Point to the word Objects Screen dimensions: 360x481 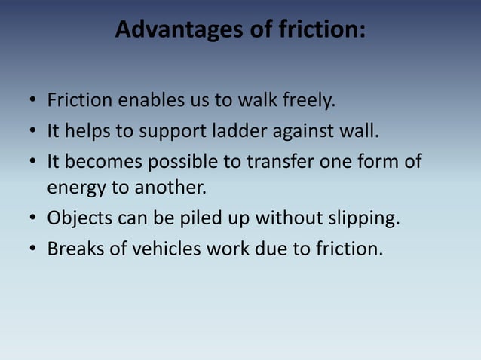[x=77, y=219]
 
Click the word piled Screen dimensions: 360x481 [x=191, y=219]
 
